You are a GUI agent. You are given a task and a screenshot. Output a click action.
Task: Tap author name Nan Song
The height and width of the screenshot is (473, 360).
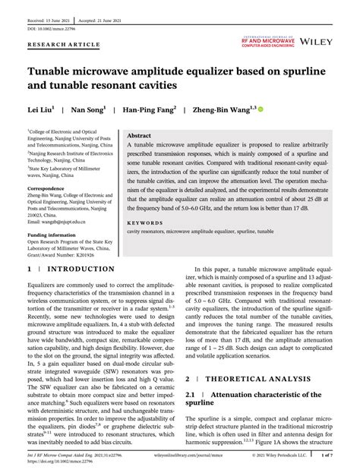(x=88, y=109)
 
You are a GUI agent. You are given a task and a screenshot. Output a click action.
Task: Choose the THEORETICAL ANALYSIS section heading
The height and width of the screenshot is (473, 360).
(x=264, y=377)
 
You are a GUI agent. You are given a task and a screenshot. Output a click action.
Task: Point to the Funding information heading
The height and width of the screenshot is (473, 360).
(x=55, y=235)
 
